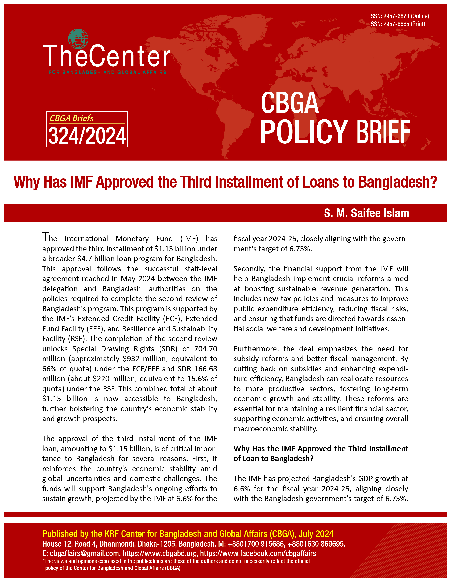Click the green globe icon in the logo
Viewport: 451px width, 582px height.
[78, 38]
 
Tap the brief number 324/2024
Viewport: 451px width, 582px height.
[87, 136]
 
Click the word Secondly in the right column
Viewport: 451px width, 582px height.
[249, 269]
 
